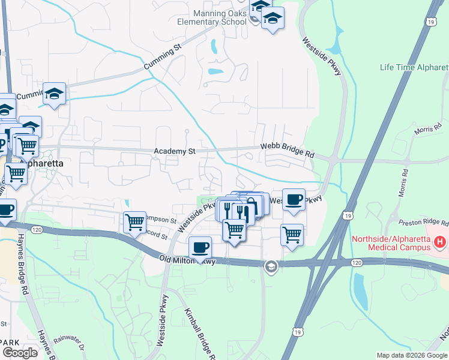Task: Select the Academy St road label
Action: (175, 152)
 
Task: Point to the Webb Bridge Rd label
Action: (287, 150)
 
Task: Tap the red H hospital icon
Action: (440, 242)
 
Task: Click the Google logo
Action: (20, 353)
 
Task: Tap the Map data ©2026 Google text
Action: (411, 355)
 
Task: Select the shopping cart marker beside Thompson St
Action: (134, 221)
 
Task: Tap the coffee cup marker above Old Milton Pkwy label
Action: (200, 246)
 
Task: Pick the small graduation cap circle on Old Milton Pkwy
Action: (271, 266)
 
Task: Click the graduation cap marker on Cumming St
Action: (54, 93)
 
